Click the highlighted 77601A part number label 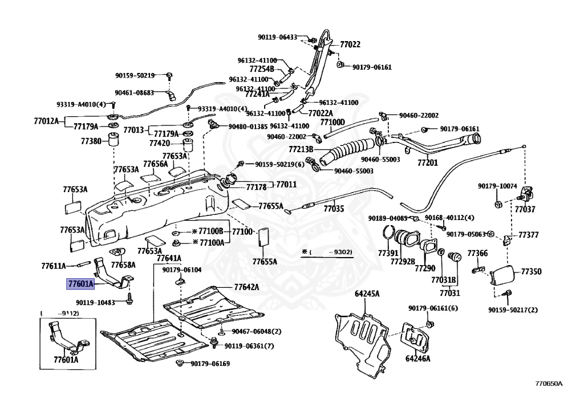pyautogui.click(x=80, y=283)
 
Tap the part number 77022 pyautogui.click(x=350, y=44)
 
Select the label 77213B pyautogui.click(x=301, y=149)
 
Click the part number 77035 pyautogui.click(x=334, y=209)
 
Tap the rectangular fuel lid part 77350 pyautogui.click(x=501, y=276)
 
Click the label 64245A pyautogui.click(x=367, y=294)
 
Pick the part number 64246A pyautogui.click(x=418, y=359)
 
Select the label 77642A pyautogui.click(x=246, y=287)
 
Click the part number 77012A pyautogui.click(x=46, y=121)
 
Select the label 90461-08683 pyautogui.click(x=134, y=92)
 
